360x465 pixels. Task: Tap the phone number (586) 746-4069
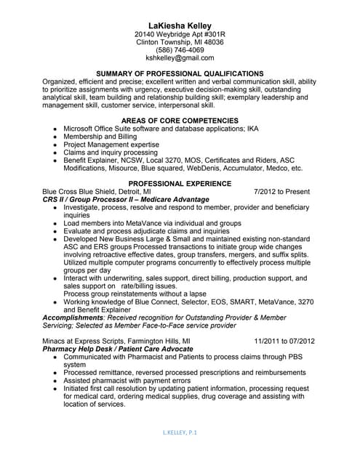[180, 50]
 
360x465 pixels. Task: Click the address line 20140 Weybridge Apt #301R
[180, 34]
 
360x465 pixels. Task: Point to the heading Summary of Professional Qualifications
[180, 73]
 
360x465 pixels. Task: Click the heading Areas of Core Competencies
[180, 120]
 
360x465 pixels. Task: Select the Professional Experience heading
[180, 183]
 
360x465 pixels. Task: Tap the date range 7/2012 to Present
[282, 192]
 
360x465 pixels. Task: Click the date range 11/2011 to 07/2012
[284, 340]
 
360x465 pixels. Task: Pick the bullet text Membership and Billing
[100, 136]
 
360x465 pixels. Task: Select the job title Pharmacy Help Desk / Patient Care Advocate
[123, 348]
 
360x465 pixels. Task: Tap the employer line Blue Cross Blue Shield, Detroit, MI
[97, 192]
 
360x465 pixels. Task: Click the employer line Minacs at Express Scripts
[116, 340]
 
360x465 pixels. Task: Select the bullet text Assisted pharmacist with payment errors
[127, 380]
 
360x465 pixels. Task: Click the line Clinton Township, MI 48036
[180, 42]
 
